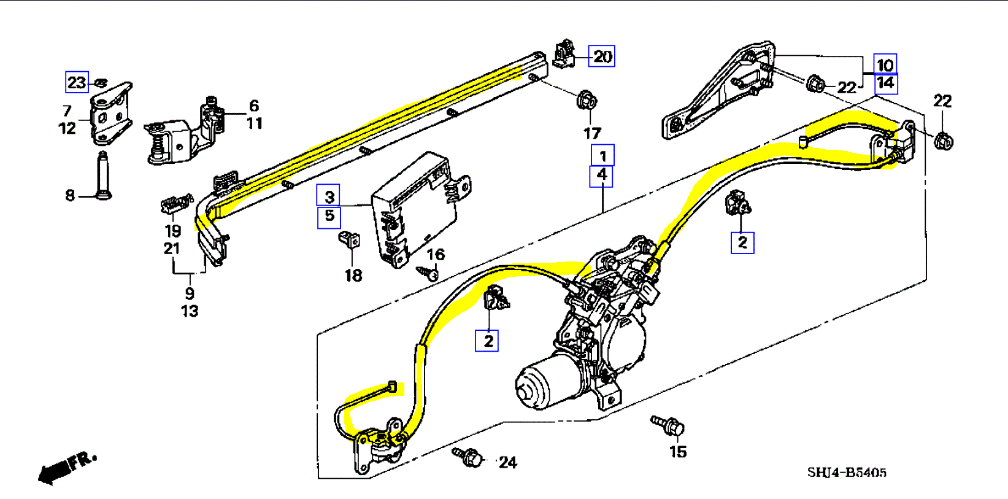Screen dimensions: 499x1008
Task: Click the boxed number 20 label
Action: [601, 56]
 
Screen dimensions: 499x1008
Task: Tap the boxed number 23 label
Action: [77, 82]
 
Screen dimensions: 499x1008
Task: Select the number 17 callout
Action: [592, 133]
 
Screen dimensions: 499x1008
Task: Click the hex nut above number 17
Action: [587, 99]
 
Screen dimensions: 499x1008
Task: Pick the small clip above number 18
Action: [349, 238]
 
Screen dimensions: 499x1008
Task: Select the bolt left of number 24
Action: [469, 457]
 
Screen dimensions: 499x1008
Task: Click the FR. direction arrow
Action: [64, 468]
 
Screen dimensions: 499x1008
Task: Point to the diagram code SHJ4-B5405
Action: [847, 472]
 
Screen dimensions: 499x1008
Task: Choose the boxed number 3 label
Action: [328, 196]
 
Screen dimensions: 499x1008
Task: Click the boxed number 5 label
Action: [329, 216]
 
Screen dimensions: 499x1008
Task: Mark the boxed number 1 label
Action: [602, 156]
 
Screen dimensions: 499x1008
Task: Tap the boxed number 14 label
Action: [885, 83]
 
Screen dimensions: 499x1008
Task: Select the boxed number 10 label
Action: [885, 64]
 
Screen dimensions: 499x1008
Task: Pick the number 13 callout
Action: [190, 311]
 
